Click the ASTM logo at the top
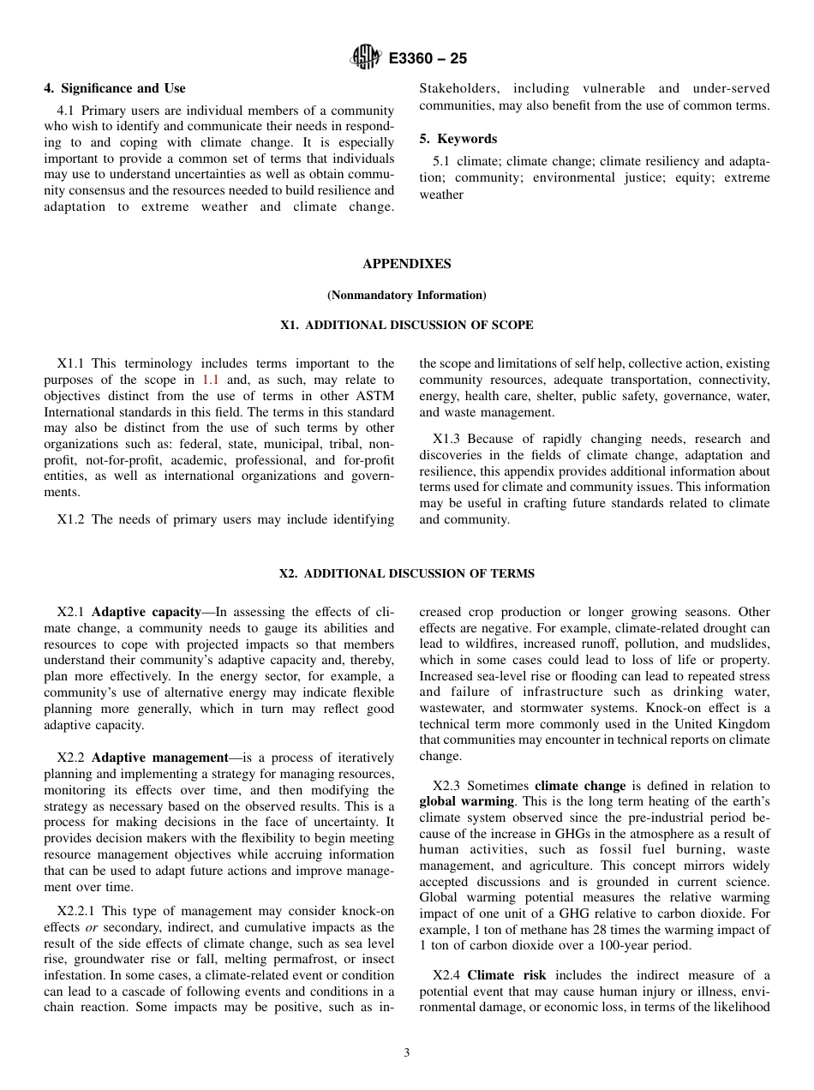[366, 58]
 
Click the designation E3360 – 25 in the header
[428, 59]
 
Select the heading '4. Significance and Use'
[115, 88]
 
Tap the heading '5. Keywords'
[458, 139]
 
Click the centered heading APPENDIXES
[406, 264]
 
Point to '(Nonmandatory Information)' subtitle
[406, 295]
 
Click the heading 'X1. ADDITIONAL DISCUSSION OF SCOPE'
[406, 326]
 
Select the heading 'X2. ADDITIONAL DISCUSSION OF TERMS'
[406, 574]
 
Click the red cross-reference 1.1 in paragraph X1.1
[211, 380]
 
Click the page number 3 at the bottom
[406, 1053]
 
